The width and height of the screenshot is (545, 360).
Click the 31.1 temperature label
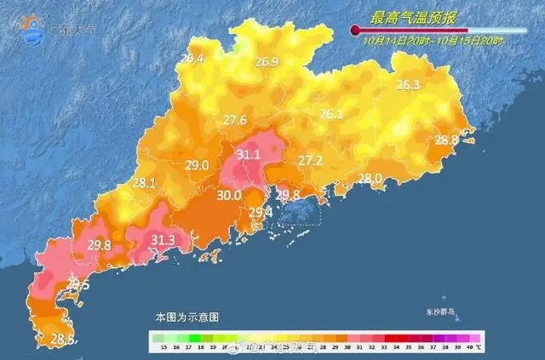[249, 155]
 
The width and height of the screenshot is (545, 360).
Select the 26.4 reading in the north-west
[192, 59]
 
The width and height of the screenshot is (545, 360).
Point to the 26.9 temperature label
[267, 61]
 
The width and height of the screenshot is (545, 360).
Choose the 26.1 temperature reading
[330, 114]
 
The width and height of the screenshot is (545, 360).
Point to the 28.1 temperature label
[144, 182]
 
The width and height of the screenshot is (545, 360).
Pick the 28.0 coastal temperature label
[370, 178]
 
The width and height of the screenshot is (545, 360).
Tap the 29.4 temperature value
[260, 212]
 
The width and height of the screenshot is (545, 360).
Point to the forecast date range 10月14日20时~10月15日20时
[433, 40]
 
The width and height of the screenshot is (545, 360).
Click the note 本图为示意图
[186, 316]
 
